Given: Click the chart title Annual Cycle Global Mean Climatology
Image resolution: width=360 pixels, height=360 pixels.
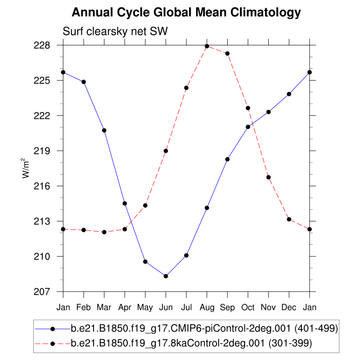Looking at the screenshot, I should (x=186, y=13).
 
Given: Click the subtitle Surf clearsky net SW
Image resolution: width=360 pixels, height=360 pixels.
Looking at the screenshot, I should (x=115, y=32).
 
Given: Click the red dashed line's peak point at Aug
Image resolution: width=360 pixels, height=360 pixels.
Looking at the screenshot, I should (x=207, y=46).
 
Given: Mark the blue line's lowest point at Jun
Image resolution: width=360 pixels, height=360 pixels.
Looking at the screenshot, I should (x=166, y=276).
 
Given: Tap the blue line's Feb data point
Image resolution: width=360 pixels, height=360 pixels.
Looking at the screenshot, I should (x=84, y=82).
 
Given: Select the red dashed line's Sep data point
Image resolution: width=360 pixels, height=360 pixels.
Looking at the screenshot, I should (x=227, y=54).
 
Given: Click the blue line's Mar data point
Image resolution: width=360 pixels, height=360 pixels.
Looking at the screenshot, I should (x=104, y=130).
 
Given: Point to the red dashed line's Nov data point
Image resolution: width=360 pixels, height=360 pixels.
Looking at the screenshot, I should (x=268, y=177).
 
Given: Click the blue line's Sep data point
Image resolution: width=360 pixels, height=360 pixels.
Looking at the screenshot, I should (x=227, y=159).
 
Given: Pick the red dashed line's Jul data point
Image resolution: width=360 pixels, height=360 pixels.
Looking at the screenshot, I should (x=186, y=88).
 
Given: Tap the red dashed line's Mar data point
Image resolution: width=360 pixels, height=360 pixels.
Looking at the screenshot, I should (x=104, y=232).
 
